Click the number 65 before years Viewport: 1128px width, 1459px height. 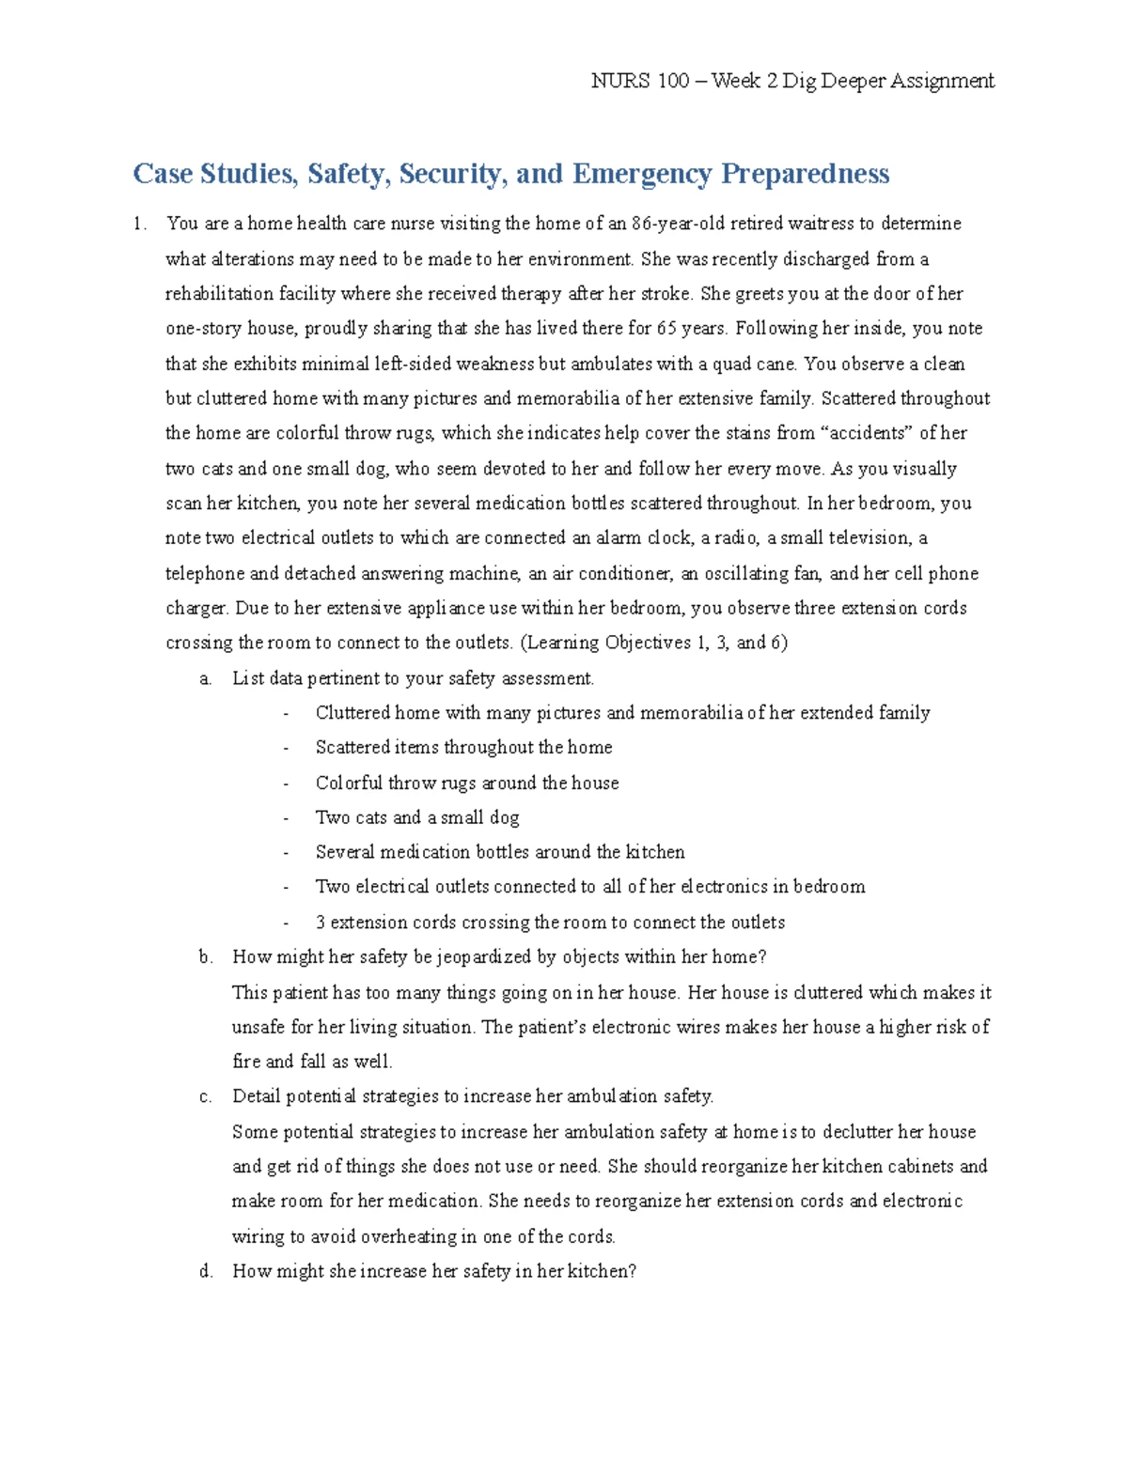click(666, 329)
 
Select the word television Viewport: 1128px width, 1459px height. click(862, 538)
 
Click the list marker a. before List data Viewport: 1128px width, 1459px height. click(206, 678)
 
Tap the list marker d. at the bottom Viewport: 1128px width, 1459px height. click(206, 1271)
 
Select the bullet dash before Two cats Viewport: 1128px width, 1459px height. click(286, 818)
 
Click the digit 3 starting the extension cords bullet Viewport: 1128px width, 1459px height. click(321, 923)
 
